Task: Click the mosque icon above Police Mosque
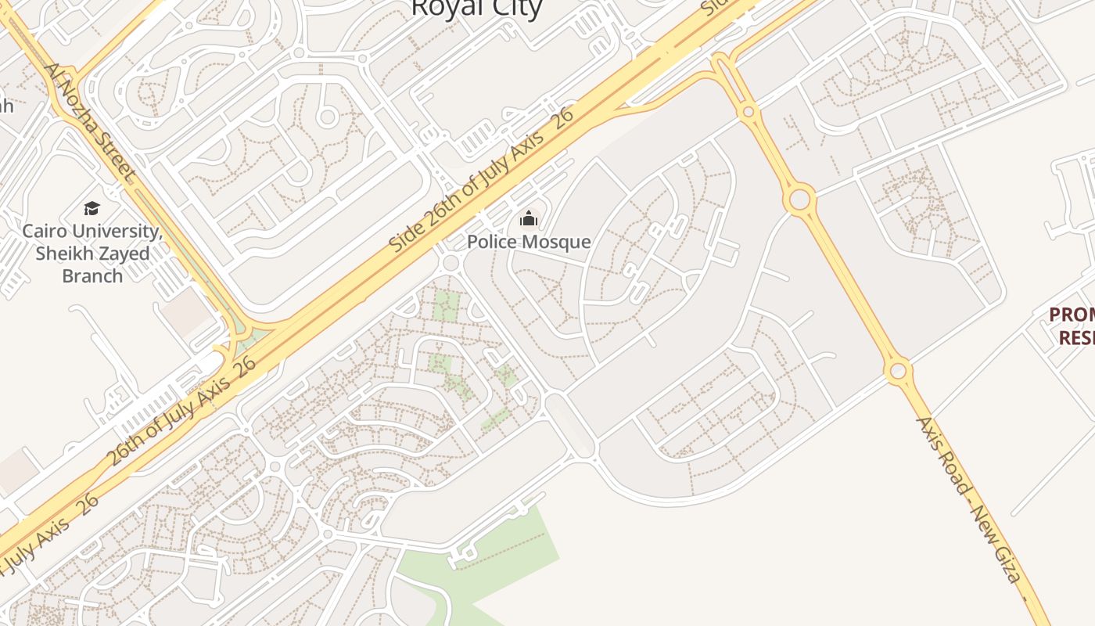pyautogui.click(x=529, y=218)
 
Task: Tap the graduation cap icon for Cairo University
pyautogui.click(x=92, y=208)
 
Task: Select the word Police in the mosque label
pyautogui.click(x=492, y=241)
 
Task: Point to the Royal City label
pyautogui.click(x=476, y=8)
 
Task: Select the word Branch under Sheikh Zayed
pyautogui.click(x=92, y=275)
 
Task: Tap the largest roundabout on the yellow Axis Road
pyautogui.click(x=799, y=200)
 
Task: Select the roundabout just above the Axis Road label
pyautogui.click(x=898, y=370)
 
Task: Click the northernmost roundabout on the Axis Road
pyautogui.click(x=749, y=113)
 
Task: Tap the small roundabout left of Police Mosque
pyautogui.click(x=450, y=262)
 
